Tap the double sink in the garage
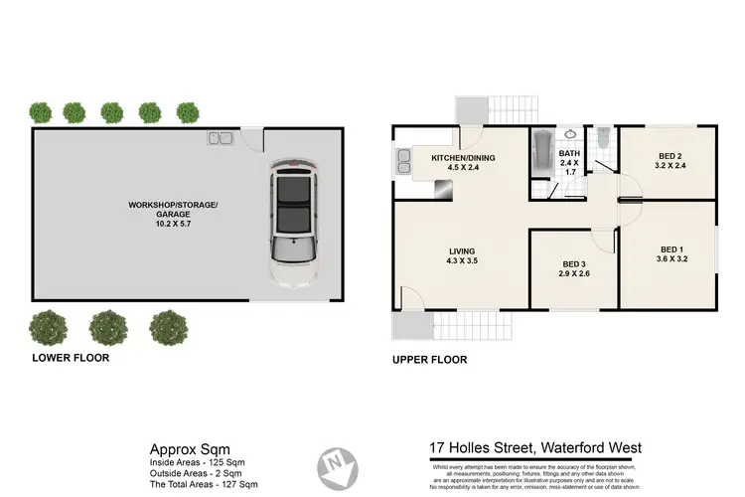pos(219,137)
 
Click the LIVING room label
pos(461,251)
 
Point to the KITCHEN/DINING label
pos(463,158)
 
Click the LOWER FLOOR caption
pos(71,357)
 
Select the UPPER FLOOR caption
pos(430,360)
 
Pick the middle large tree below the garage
pos(108,326)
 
